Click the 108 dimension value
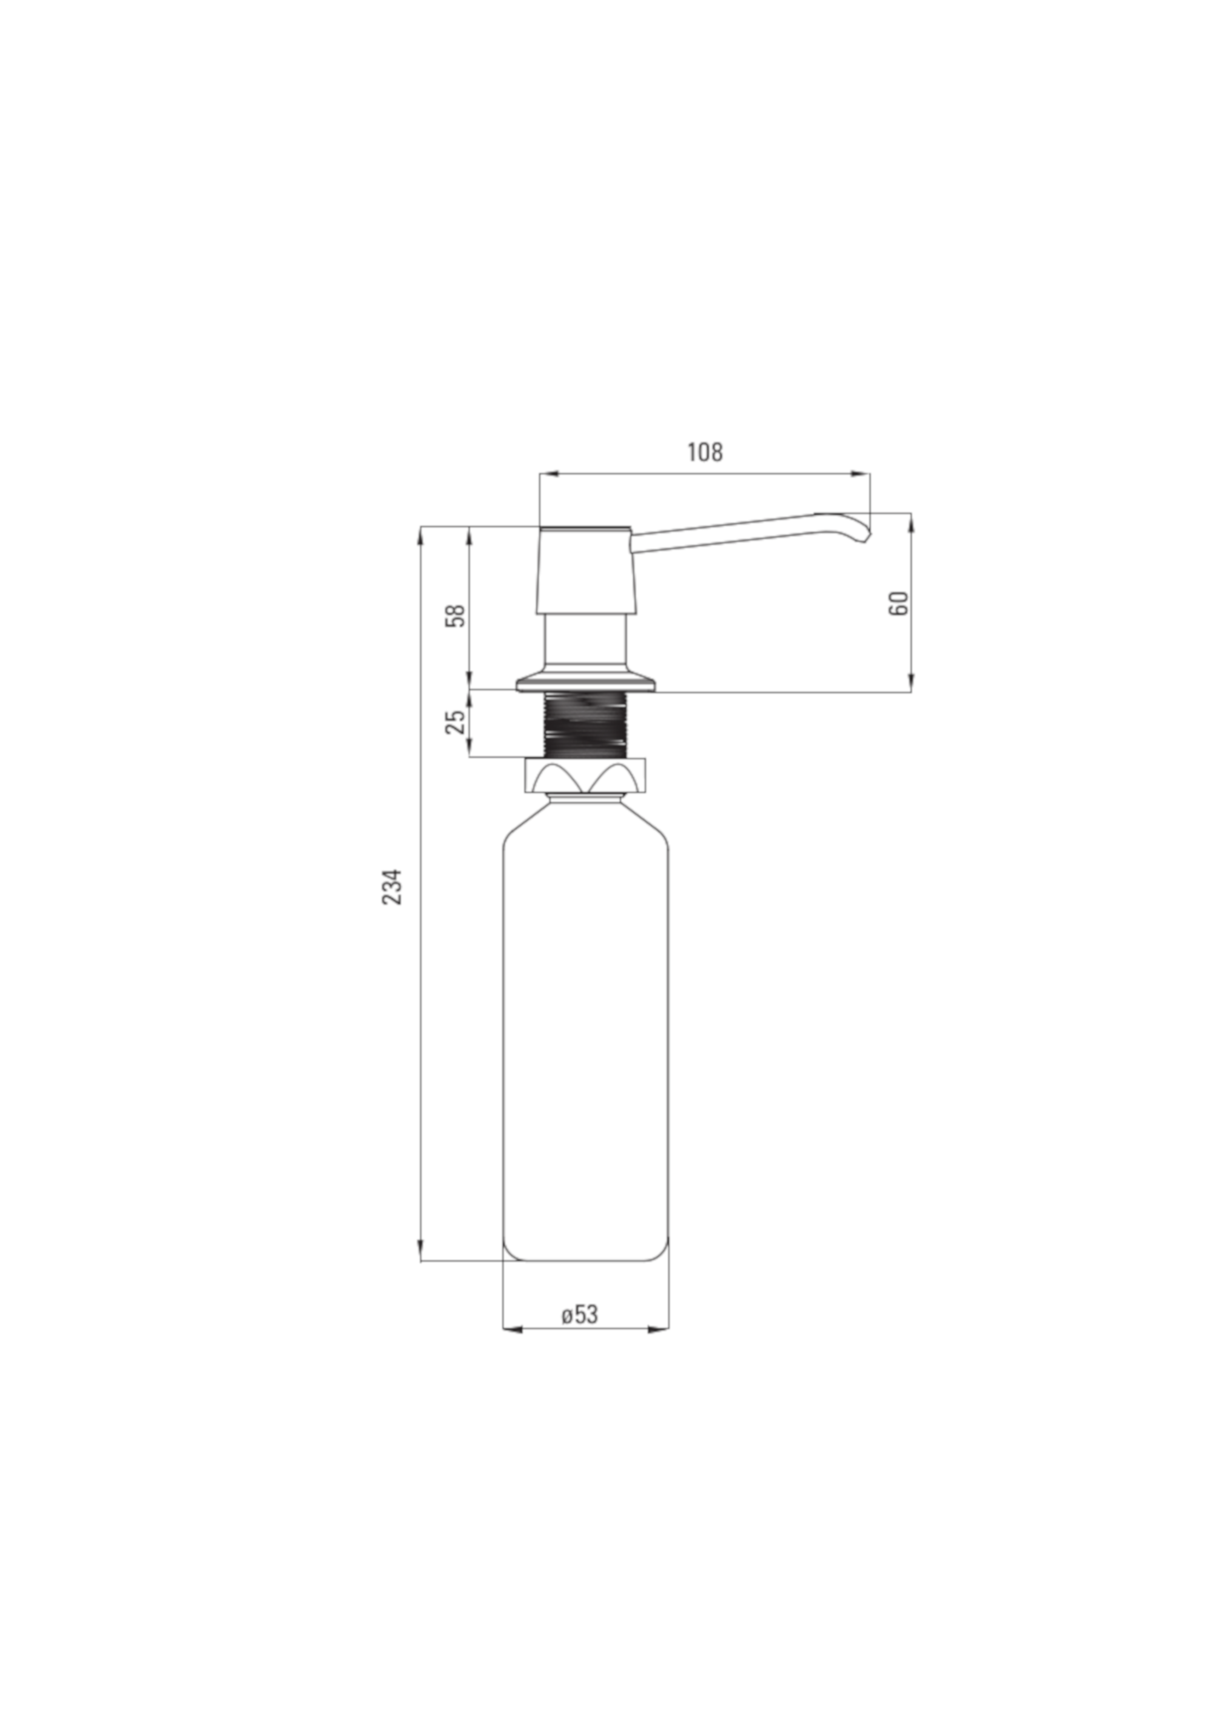pos(705,452)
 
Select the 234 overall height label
pos(392,887)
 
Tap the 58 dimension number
pos(455,615)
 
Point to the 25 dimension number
pos(455,722)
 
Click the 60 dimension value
pos(899,603)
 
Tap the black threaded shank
pos(585,725)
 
